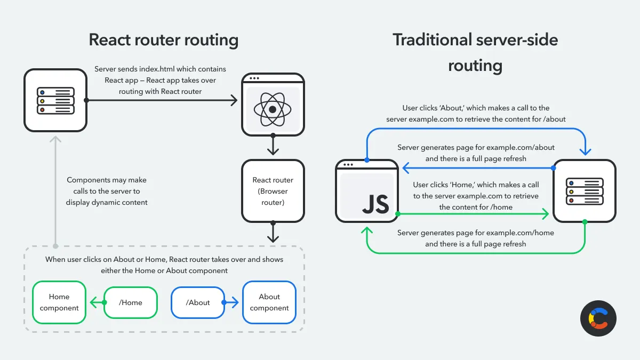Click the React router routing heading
coord(163,40)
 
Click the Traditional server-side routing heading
coord(475,52)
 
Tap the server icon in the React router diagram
coord(55,100)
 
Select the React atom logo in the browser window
coord(273,109)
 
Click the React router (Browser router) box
coord(273,190)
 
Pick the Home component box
coord(59,302)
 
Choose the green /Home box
coord(131,302)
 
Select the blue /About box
coord(198,302)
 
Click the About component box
coord(269,302)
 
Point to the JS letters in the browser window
coord(375,204)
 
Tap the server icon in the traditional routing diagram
coord(585,191)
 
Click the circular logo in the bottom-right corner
coord(598,318)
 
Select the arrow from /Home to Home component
coord(96,303)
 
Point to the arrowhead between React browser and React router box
coord(273,151)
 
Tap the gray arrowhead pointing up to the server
coord(55,140)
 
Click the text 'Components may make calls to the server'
coord(107,186)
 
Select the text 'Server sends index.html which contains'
coord(160,69)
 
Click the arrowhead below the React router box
coord(273,238)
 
